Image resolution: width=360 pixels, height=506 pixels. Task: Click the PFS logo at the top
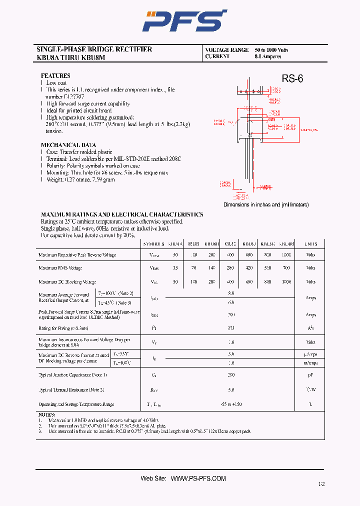point(184,21)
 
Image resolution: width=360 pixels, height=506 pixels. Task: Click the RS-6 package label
point(292,78)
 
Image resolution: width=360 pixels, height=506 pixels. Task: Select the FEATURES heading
point(55,75)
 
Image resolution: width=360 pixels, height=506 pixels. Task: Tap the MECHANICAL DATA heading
point(68,145)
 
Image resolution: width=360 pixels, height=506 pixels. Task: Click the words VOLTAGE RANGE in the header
point(226,50)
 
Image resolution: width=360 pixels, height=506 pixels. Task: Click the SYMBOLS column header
point(153,244)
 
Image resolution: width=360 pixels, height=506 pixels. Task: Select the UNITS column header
point(310,244)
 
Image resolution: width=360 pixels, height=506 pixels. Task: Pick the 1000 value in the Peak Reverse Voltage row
point(286,255)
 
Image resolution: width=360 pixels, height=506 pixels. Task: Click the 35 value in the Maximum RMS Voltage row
point(175,268)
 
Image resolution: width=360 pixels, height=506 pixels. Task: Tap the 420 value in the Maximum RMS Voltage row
point(249,268)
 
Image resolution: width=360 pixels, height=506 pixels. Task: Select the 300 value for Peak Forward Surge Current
point(231,315)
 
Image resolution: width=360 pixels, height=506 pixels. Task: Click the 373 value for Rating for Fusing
point(231,328)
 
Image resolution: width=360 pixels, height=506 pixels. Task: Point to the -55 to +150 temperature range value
point(231,404)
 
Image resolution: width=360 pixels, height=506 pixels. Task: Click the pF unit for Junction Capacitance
point(310,374)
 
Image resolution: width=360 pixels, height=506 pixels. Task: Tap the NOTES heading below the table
point(47,415)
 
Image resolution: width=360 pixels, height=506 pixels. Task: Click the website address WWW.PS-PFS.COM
point(198,478)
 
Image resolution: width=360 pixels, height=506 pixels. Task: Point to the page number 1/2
point(320,484)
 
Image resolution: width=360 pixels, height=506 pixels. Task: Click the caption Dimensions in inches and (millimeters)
point(266,205)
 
